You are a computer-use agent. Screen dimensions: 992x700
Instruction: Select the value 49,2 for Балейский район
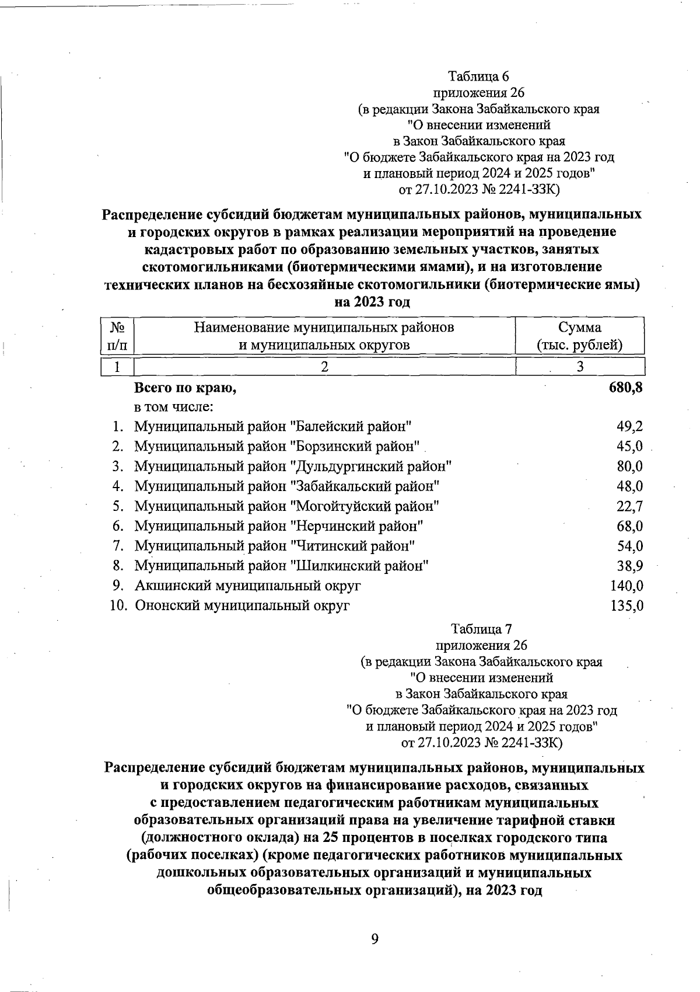coord(630,426)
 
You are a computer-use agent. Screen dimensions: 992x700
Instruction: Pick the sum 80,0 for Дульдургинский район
coord(630,466)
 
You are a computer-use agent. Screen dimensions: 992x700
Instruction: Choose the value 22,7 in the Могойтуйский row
coord(630,506)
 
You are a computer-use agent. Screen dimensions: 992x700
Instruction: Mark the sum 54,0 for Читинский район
coord(630,545)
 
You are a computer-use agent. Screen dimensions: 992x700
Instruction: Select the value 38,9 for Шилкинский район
coord(630,565)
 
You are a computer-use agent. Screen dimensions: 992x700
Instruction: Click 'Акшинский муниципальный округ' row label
coord(248,585)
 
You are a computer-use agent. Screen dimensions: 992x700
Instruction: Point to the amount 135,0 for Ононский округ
coord(626,605)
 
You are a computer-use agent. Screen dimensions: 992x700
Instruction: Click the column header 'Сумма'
coord(579,327)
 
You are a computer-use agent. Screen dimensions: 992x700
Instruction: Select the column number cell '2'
coord(324,366)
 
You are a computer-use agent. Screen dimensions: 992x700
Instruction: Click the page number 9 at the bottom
coord(374,938)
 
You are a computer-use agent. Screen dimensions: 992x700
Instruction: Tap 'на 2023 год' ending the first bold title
coord(372,302)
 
